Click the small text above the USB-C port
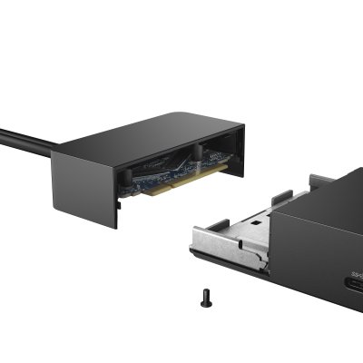(356, 275)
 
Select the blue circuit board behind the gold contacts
(154, 176)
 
